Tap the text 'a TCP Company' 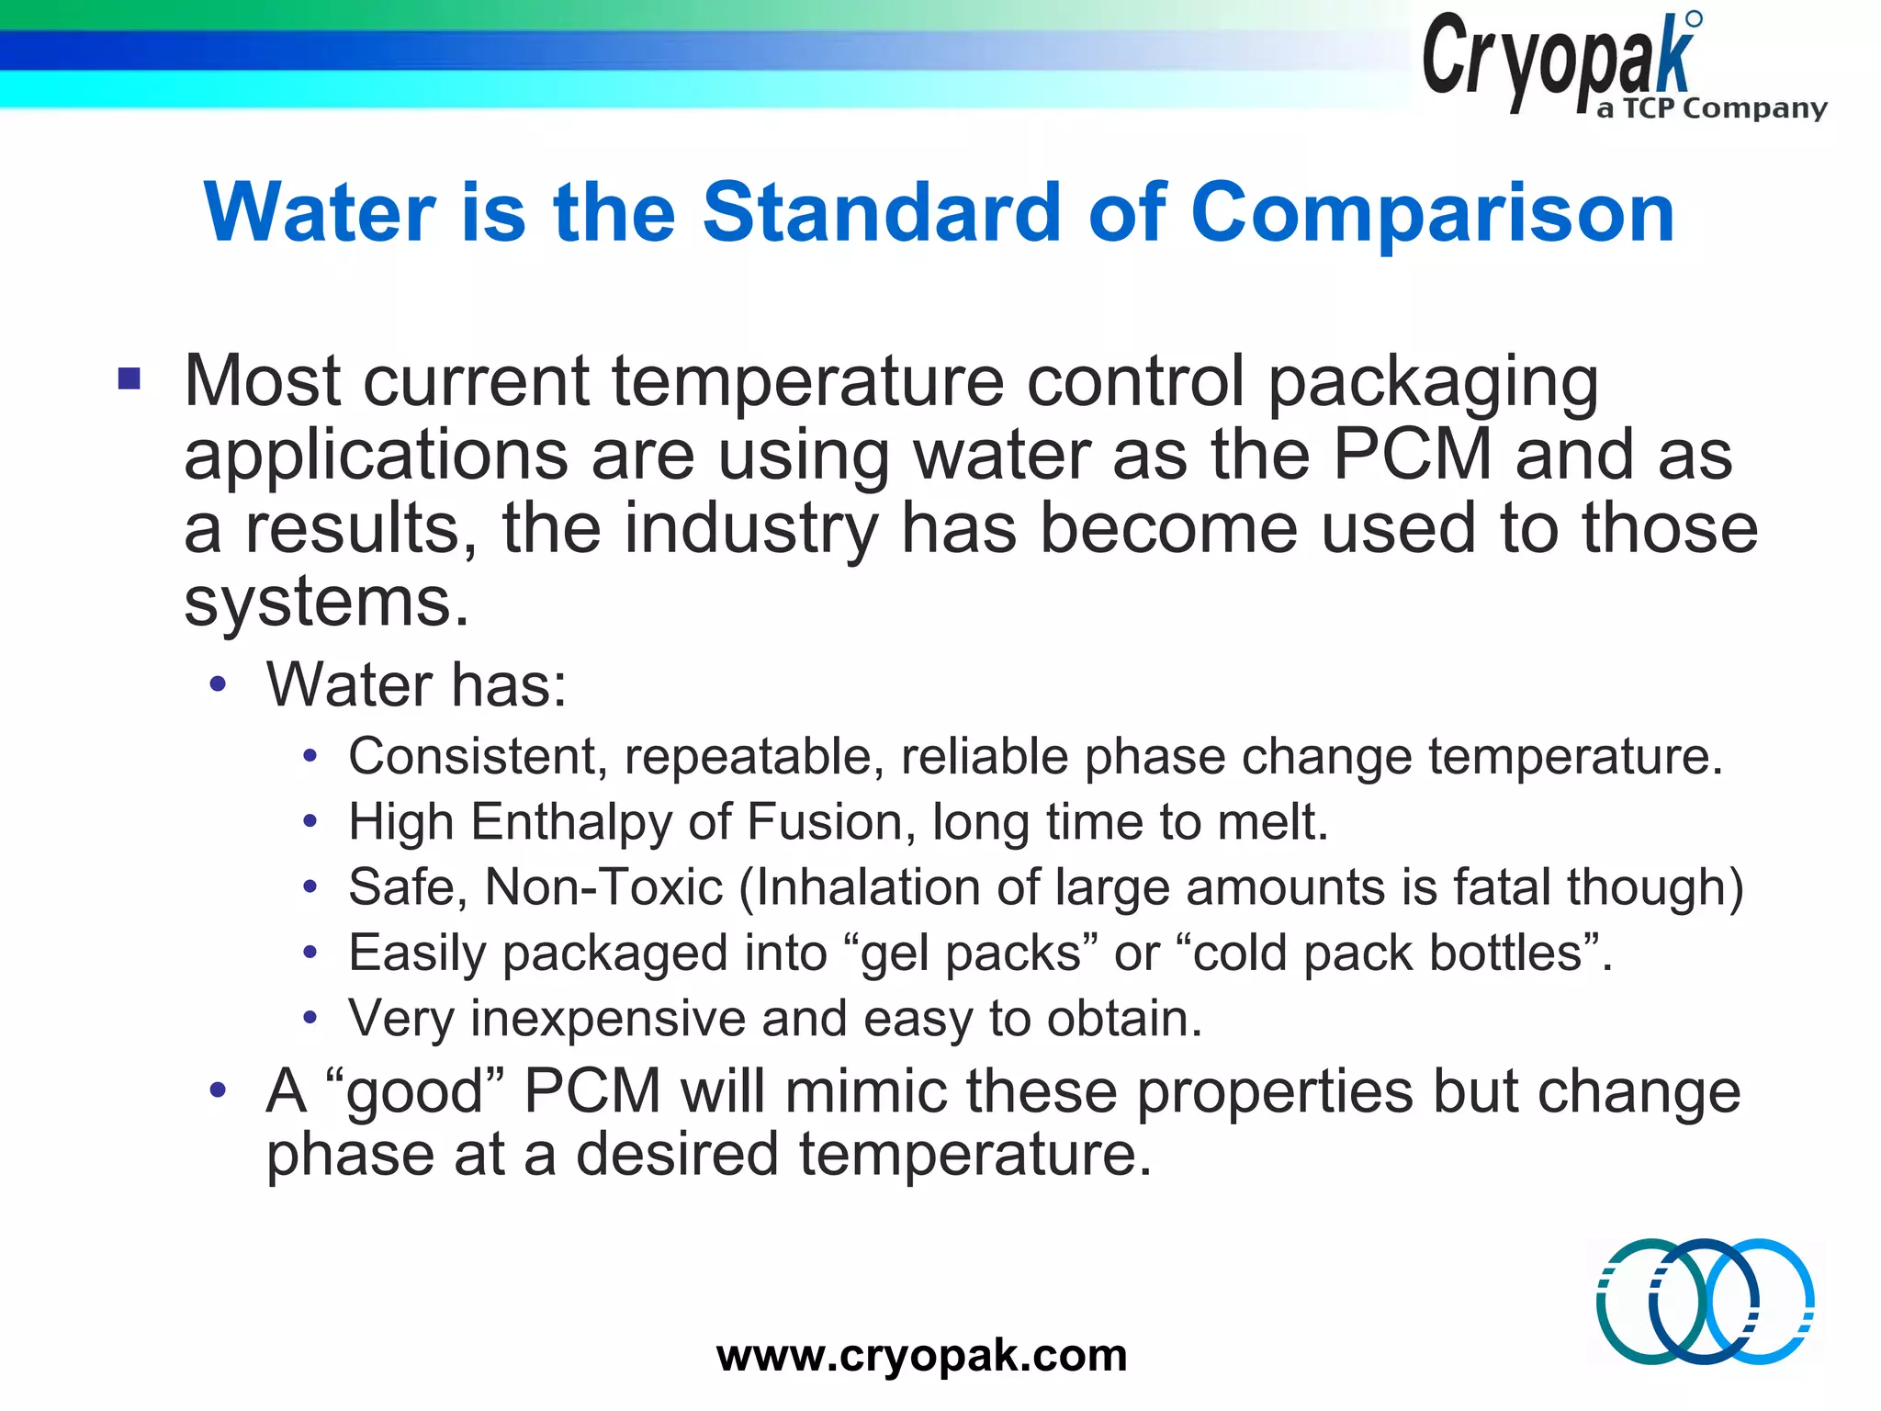1711,108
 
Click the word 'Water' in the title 319,212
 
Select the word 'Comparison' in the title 1433,212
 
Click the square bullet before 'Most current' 130,378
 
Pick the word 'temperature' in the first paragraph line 807,381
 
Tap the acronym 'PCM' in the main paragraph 1412,455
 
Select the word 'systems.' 326,602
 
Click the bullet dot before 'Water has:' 218,684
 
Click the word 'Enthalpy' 571,822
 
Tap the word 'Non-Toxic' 603,887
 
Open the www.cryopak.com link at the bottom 921,1356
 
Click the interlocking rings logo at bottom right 1705,1301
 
